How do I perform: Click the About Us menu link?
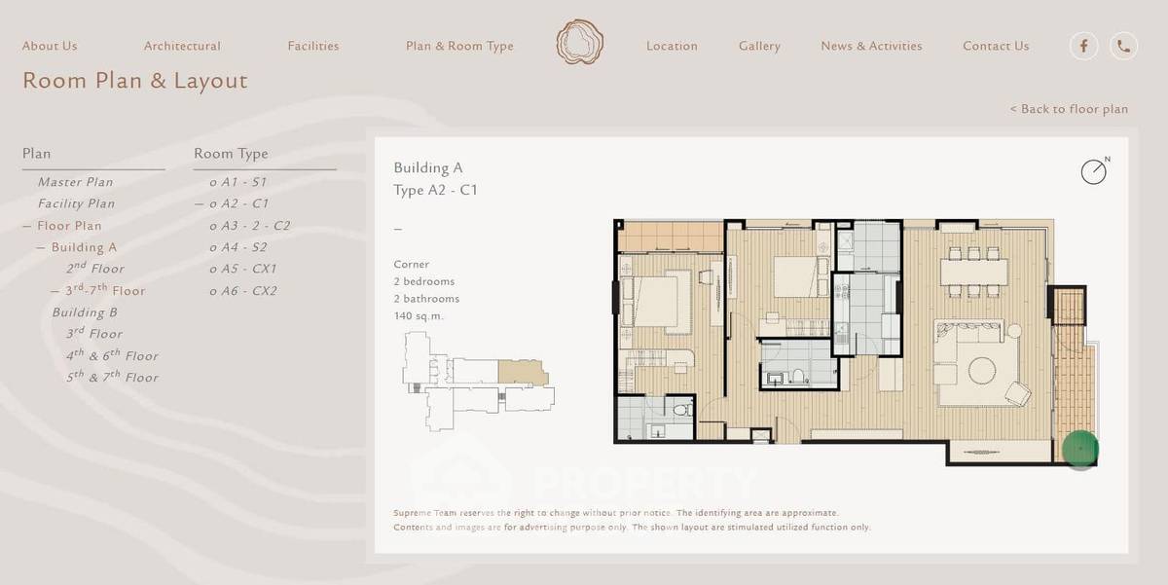click(50, 46)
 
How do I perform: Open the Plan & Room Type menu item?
click(459, 46)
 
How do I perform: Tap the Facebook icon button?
click(1084, 46)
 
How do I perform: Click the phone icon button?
click(1123, 46)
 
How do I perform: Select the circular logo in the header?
click(580, 42)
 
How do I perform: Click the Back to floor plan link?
click(1069, 109)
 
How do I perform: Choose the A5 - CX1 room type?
click(243, 269)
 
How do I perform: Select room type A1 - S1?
click(237, 182)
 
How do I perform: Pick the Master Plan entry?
click(76, 182)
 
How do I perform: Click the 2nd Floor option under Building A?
click(95, 268)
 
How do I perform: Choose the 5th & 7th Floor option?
click(112, 377)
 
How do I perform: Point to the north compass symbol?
click(1094, 170)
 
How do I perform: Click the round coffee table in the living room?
click(982, 371)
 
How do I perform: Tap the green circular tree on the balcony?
click(1079, 449)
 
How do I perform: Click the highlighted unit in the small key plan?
click(523, 372)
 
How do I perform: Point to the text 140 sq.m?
click(419, 316)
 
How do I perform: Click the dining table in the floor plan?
click(973, 273)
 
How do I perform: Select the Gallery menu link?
click(759, 46)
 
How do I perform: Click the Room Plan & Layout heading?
click(135, 81)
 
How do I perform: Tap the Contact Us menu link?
click(996, 46)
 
